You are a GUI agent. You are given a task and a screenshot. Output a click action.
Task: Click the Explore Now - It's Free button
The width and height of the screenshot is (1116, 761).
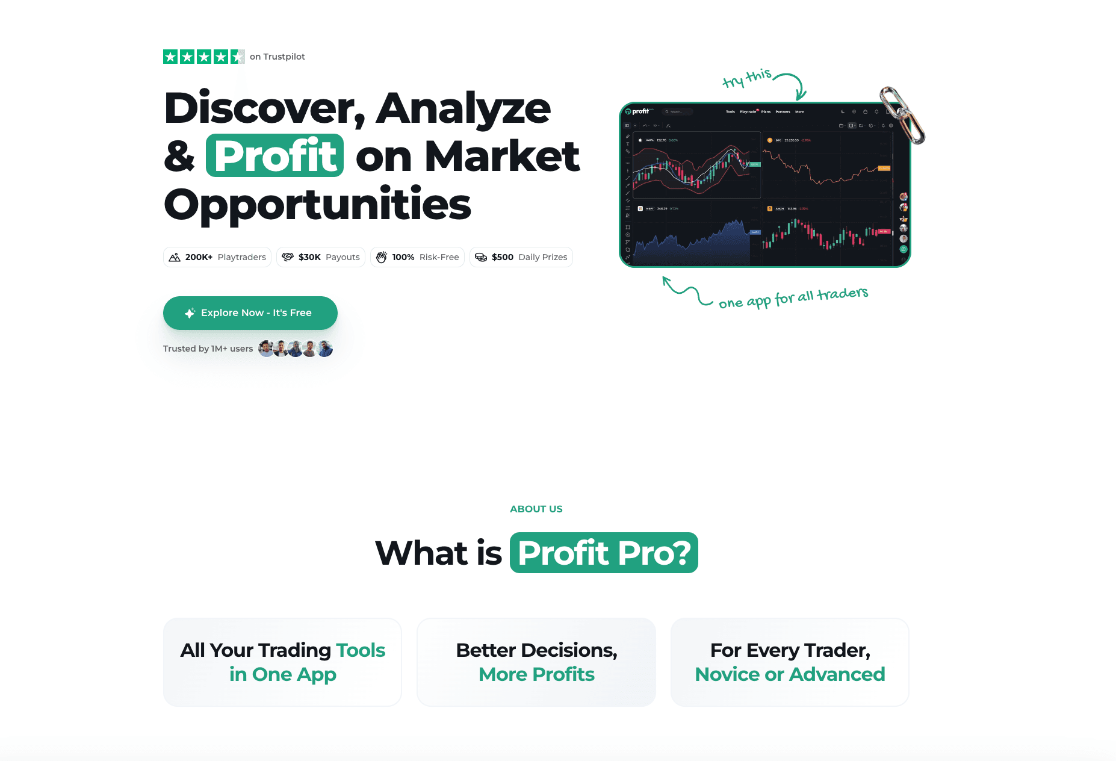click(250, 313)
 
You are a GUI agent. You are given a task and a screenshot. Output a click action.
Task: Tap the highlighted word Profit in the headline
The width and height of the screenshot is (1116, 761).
click(275, 156)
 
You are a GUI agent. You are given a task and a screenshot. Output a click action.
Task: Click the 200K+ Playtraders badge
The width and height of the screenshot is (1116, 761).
click(217, 257)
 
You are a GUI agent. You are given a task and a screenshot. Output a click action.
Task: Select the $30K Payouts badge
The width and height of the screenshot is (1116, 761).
click(321, 257)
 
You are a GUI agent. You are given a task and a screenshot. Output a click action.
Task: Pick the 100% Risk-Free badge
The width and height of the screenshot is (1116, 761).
click(417, 257)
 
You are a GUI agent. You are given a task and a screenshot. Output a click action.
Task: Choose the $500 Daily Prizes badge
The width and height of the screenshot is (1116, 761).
click(521, 257)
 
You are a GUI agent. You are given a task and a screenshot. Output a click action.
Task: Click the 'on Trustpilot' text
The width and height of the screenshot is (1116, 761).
click(277, 57)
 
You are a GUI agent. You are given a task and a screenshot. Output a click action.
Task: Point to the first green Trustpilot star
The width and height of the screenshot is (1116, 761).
click(170, 57)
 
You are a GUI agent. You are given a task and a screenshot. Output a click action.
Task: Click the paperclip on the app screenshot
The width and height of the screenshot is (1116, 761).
click(902, 114)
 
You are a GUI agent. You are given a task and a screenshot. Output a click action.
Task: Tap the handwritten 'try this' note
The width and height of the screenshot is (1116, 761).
click(746, 78)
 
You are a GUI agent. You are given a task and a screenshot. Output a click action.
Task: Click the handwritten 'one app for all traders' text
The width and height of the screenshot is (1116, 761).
click(793, 297)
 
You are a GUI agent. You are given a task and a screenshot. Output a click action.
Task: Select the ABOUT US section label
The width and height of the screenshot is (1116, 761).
click(536, 509)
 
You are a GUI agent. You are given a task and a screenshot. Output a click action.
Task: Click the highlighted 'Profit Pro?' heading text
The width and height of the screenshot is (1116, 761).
click(604, 553)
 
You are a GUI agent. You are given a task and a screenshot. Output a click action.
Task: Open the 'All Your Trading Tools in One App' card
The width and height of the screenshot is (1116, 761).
click(282, 662)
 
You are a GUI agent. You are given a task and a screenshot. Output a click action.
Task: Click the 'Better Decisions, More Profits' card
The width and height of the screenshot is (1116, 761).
click(536, 662)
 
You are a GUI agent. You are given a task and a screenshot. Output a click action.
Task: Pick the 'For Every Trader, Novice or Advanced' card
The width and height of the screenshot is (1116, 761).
click(790, 662)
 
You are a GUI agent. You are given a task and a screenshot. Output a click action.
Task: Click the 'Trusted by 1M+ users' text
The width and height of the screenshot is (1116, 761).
click(208, 349)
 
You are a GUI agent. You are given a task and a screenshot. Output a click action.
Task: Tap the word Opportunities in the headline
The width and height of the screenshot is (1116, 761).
click(317, 204)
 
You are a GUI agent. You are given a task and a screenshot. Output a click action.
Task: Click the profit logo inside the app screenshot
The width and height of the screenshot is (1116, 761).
click(637, 111)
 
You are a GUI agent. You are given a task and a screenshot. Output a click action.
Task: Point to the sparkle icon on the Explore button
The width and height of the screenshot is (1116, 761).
click(190, 313)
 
